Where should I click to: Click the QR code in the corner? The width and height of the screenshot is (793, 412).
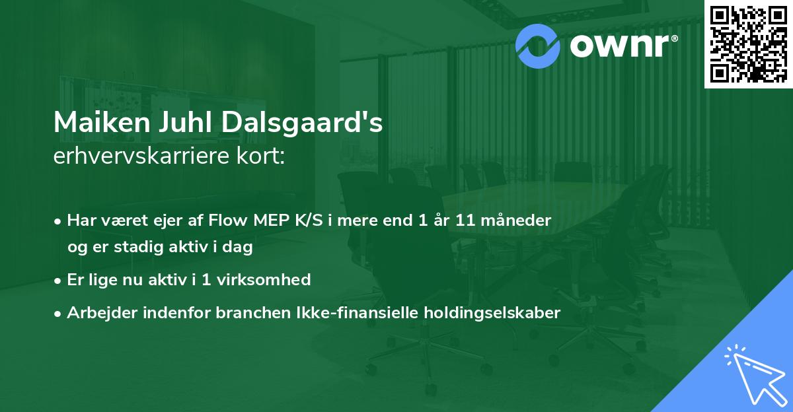(749, 44)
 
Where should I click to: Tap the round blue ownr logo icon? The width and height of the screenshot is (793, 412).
(539, 45)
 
